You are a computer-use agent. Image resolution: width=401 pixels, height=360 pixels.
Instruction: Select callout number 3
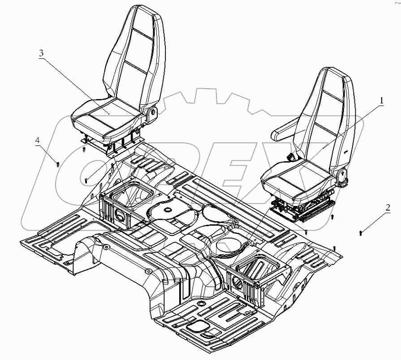click(41, 53)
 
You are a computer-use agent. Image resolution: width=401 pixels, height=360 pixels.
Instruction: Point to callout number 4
click(38, 140)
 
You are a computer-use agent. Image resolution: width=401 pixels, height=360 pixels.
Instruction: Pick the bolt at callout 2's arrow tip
click(361, 232)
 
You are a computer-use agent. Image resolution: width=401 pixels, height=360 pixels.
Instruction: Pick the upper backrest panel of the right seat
click(334, 90)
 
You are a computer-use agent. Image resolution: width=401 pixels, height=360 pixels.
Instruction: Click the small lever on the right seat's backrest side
click(346, 152)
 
